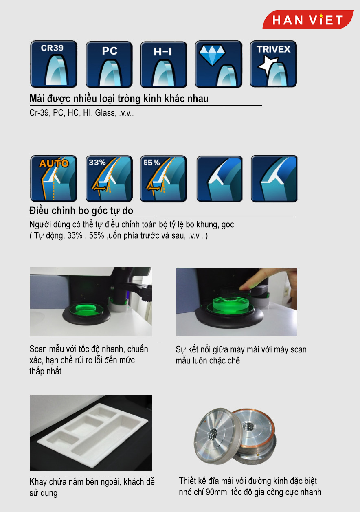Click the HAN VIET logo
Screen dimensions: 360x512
(x=307, y=20)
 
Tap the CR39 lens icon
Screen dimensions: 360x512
(x=54, y=64)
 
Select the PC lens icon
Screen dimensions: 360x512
(x=109, y=64)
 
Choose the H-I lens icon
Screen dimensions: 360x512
(x=163, y=64)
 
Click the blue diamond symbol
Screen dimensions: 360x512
(x=212, y=55)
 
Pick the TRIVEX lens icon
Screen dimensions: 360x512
(x=273, y=64)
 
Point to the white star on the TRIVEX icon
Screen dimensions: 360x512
(x=267, y=65)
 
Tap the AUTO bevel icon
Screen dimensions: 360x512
(x=54, y=178)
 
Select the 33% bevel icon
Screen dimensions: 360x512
(x=109, y=179)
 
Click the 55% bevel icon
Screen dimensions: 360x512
(x=163, y=179)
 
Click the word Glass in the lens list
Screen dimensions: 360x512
(x=105, y=113)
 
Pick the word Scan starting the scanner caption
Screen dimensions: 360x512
(x=38, y=349)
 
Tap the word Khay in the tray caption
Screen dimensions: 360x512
(x=38, y=482)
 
